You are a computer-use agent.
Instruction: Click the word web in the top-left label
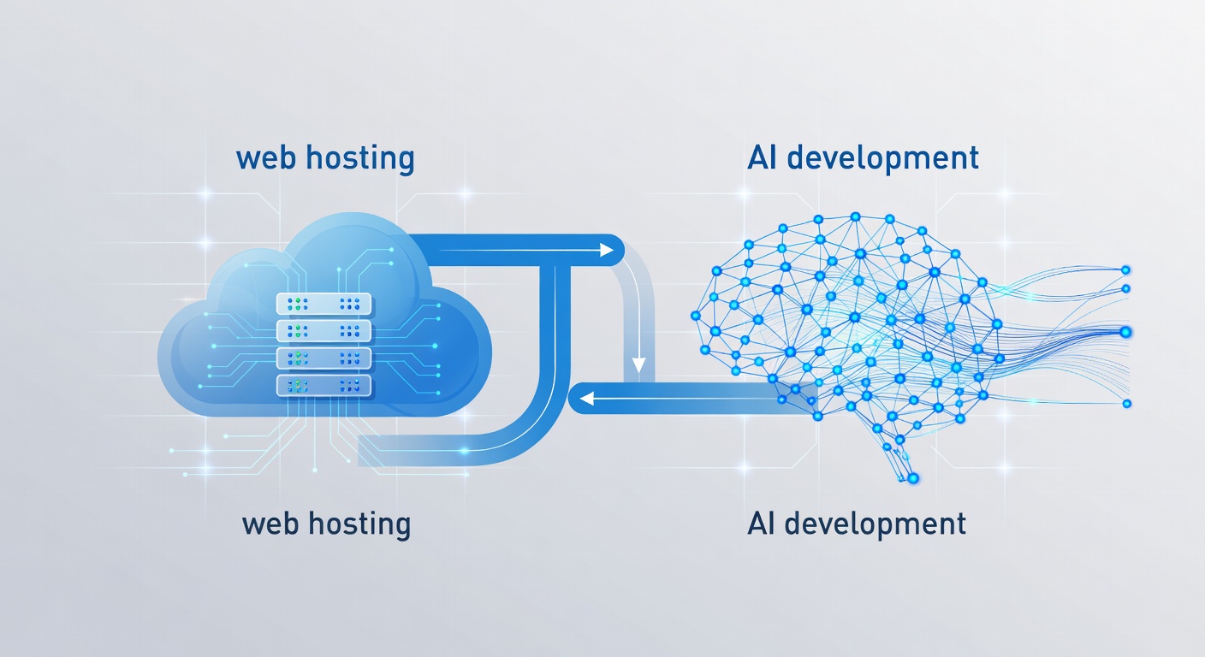pos(266,157)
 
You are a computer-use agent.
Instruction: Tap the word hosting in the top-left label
pos(360,158)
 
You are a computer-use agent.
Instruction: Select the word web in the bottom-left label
pos(270,524)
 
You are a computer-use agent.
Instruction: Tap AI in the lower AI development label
pos(761,524)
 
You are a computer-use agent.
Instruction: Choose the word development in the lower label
pos(876,524)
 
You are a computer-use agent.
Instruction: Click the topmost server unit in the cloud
pos(324,304)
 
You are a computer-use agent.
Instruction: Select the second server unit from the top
pos(324,331)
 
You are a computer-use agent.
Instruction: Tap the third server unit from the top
pos(324,358)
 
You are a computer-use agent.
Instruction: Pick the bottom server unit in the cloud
pos(324,386)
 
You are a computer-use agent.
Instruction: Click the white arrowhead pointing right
pos(606,250)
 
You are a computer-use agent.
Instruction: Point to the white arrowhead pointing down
pos(638,365)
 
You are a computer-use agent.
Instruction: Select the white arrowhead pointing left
pos(587,399)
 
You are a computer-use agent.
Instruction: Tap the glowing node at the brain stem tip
pos(913,477)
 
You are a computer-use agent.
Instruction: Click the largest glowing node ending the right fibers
pos(1125,332)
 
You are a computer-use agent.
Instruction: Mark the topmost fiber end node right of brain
pos(1125,269)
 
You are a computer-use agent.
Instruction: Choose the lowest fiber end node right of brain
pos(1127,404)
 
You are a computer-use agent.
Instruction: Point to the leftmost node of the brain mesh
pos(696,316)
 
